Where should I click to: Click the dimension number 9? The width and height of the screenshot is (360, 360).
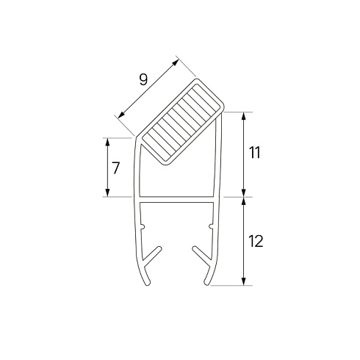pyautogui.click(x=143, y=79)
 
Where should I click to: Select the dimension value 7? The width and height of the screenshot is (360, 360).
pyautogui.click(x=115, y=168)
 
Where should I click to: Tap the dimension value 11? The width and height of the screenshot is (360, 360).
pyautogui.click(x=255, y=153)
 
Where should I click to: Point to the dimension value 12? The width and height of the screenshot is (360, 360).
pyautogui.click(x=256, y=241)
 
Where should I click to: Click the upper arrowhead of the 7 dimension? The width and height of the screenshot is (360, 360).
pyautogui.click(x=107, y=142)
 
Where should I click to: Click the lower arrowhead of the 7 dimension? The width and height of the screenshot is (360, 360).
pyautogui.click(x=107, y=192)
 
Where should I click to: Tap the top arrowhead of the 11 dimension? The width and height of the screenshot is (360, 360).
pyautogui.click(x=243, y=116)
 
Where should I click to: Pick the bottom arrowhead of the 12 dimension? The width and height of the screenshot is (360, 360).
pyautogui.click(x=243, y=281)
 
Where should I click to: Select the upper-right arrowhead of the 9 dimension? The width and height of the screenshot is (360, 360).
pyautogui.click(x=176, y=62)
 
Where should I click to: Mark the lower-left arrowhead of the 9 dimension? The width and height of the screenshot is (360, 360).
pyautogui.click(x=121, y=115)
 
